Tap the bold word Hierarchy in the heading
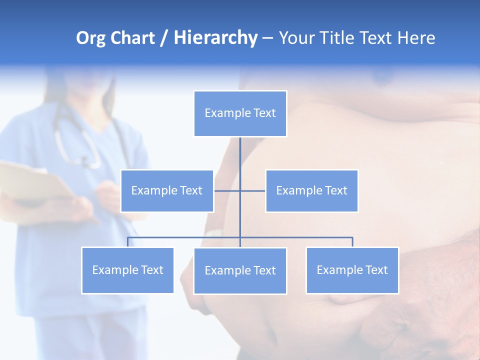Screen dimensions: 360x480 (x=215, y=38)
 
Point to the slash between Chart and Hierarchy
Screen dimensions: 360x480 (x=164, y=38)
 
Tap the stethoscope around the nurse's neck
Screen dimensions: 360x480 (x=75, y=145)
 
